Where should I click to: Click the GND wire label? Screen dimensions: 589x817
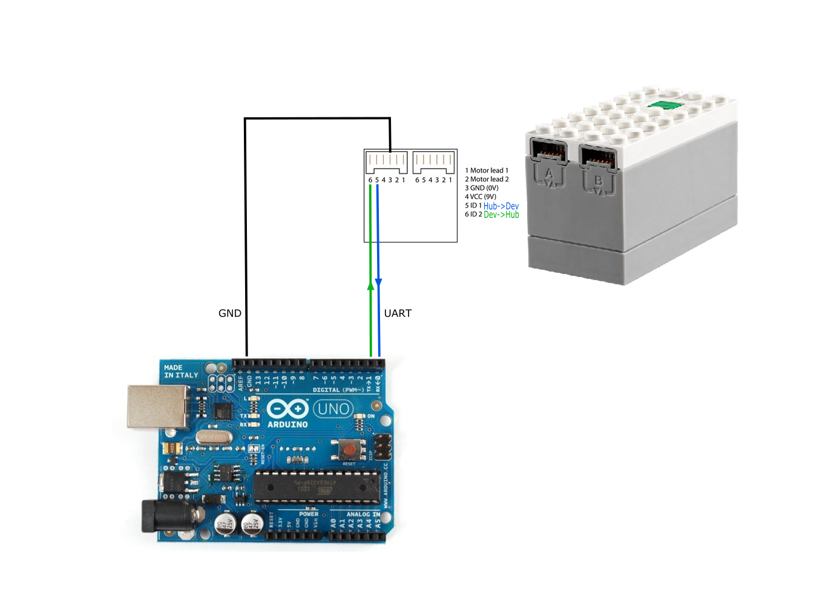point(229,313)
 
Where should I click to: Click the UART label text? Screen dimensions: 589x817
point(398,313)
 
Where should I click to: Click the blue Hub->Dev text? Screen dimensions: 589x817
point(500,206)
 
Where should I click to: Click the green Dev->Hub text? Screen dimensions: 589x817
point(501,215)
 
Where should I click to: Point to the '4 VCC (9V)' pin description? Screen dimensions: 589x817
point(481,197)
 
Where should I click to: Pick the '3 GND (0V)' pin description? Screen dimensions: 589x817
point(482,188)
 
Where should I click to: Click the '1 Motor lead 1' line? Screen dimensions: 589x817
point(487,171)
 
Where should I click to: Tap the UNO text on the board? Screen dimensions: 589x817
point(333,409)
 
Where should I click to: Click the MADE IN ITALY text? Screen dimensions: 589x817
point(181,371)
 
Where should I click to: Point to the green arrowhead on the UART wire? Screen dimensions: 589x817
point(370,285)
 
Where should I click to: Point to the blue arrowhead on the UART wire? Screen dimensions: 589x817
point(378,282)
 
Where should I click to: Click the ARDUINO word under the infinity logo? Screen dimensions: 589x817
point(287,425)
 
